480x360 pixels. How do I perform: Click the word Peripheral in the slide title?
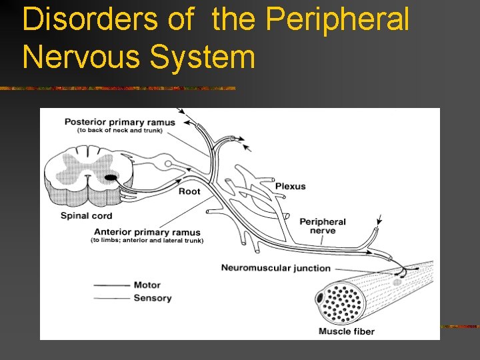point(337,19)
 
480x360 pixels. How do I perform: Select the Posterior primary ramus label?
point(119,122)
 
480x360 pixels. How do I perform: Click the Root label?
point(189,191)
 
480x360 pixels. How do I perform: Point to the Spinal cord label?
point(86,215)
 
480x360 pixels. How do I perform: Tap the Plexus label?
point(290,186)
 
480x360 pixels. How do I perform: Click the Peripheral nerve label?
point(323,226)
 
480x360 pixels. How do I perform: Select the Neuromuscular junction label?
point(275,268)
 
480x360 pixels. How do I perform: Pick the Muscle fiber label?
point(346,331)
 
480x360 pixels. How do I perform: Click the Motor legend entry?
point(147,285)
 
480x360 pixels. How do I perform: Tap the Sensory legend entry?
point(152,298)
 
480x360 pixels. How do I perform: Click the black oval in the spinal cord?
point(109,177)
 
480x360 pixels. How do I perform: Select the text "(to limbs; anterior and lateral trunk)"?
point(147,241)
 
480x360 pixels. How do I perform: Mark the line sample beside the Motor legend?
point(111,285)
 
